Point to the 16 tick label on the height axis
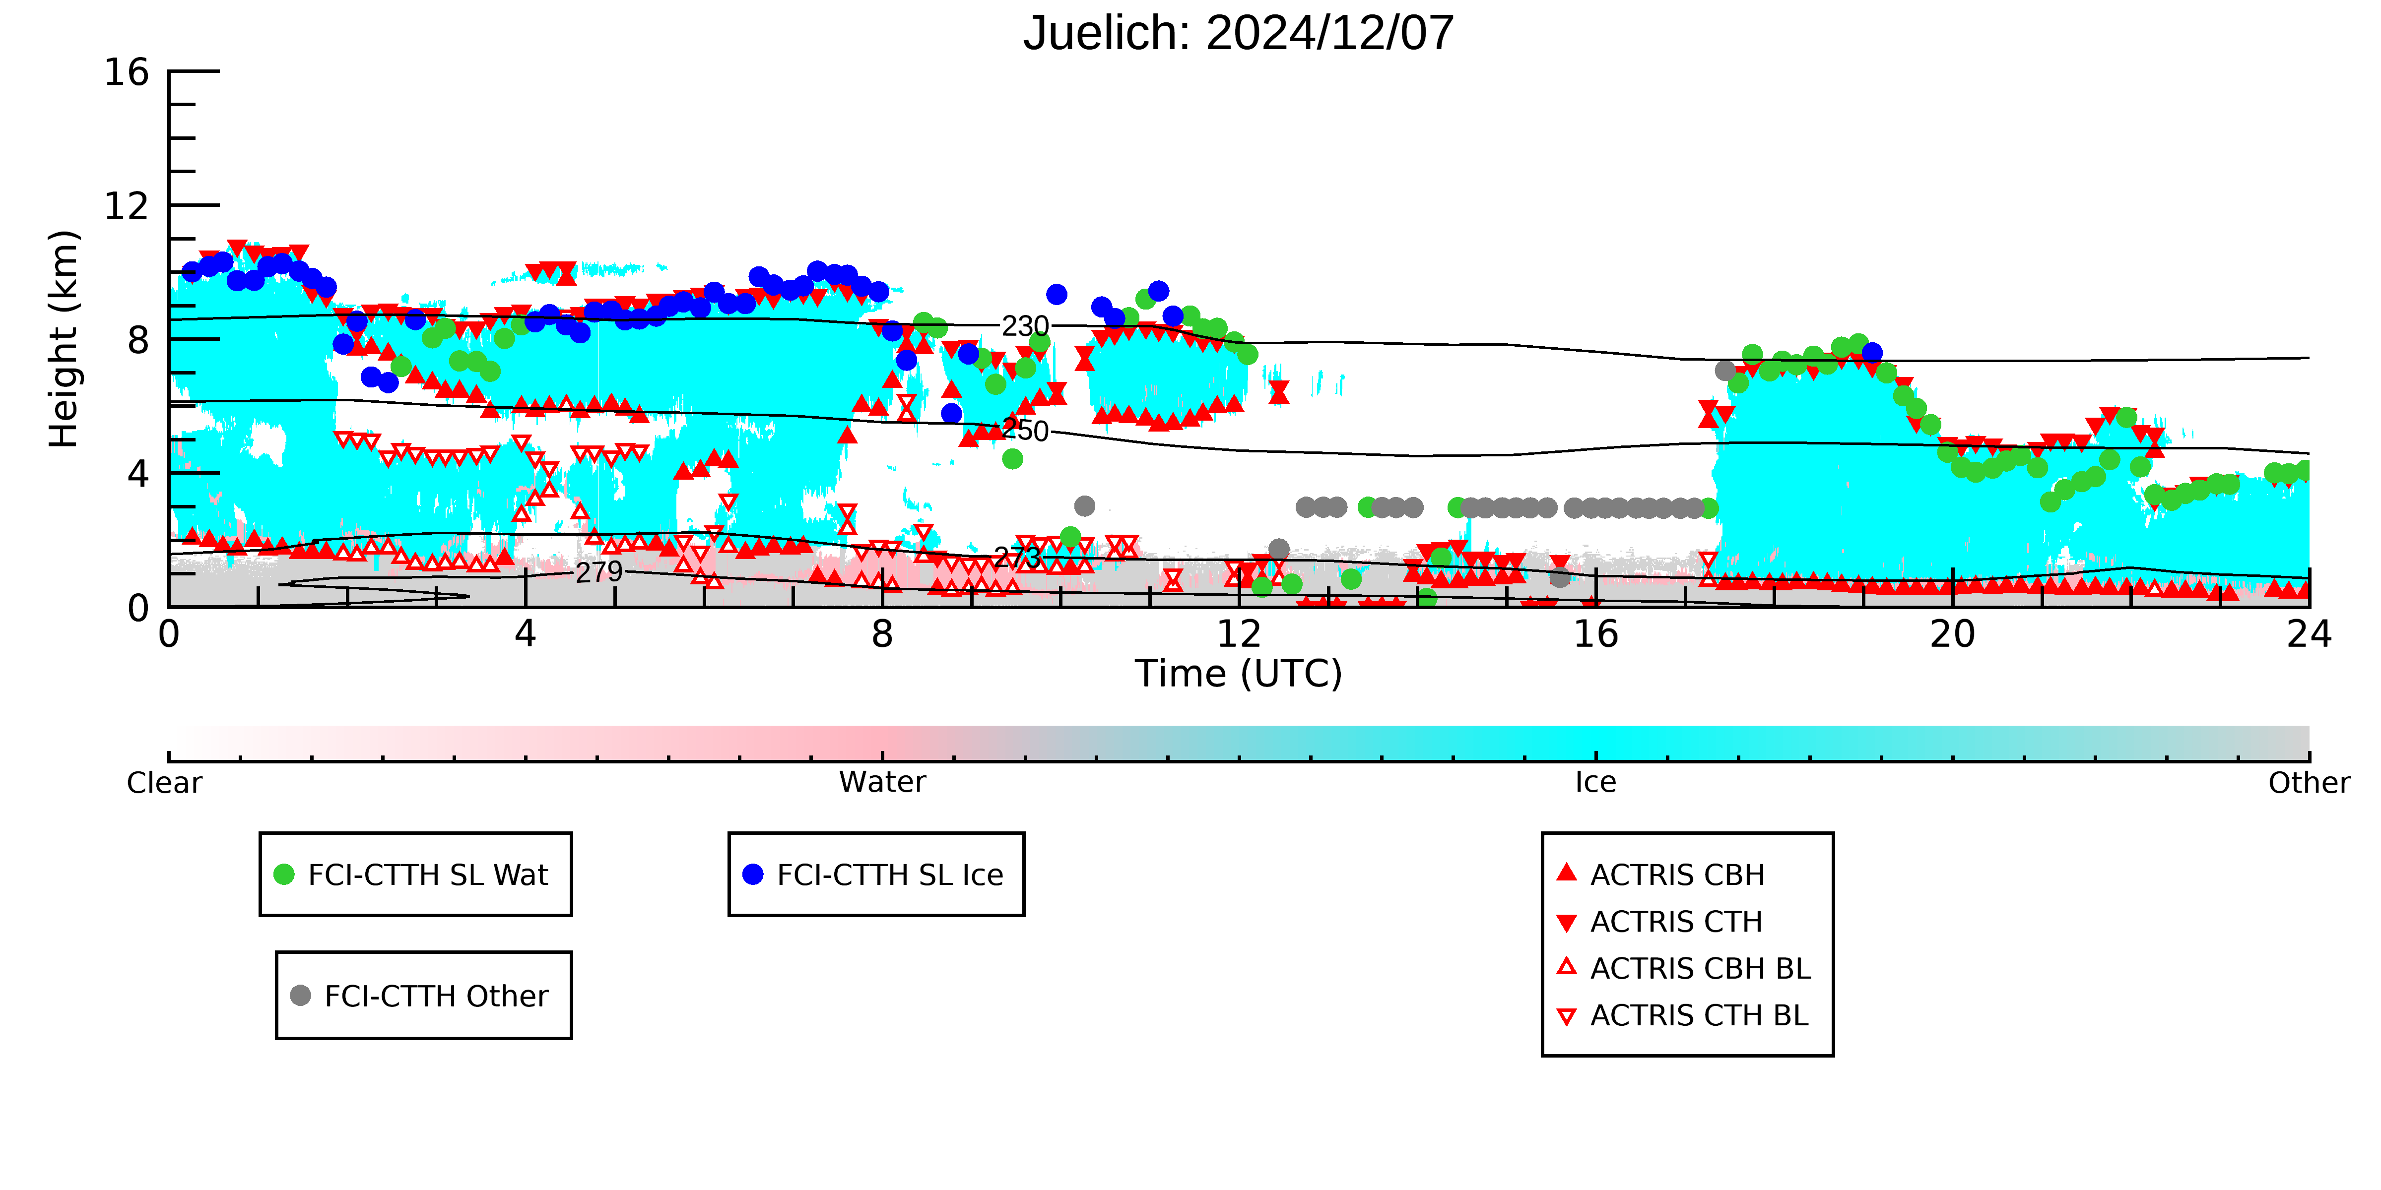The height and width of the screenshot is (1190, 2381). click(127, 72)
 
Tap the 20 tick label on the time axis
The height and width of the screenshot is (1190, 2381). click(1952, 635)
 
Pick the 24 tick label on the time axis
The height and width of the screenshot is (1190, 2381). click(2309, 635)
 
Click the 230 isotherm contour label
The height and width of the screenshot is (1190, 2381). click(1025, 326)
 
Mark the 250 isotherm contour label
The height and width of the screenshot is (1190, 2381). click(1025, 431)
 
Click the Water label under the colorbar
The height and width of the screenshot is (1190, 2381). click(882, 783)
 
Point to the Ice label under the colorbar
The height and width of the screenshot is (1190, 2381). click(1595, 783)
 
